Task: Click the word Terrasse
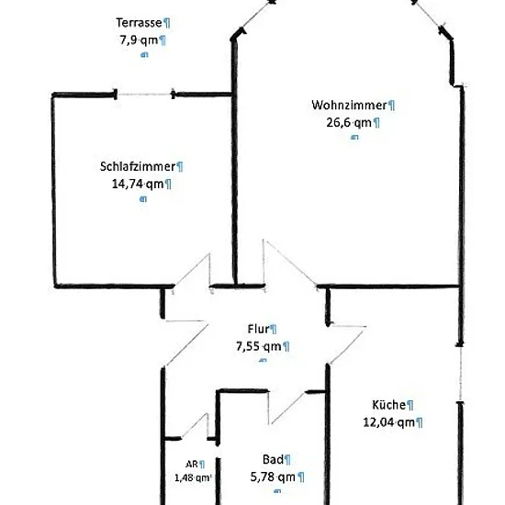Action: [x=139, y=23]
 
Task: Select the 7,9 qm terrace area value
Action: [x=139, y=40]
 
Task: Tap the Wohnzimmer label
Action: [x=349, y=105]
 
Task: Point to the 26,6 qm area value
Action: [x=349, y=123]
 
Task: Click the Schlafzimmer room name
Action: [x=138, y=166]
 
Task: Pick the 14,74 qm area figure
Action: [x=138, y=185]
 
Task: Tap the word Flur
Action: [x=258, y=329]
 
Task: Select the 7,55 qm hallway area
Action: [x=259, y=346]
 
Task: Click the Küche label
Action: [x=388, y=405]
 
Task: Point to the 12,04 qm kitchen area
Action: [x=389, y=422]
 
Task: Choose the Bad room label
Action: [x=273, y=459]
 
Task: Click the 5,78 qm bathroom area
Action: [x=273, y=477]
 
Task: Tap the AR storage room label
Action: [x=192, y=464]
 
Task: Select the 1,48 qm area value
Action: [x=193, y=477]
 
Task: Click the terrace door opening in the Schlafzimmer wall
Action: [x=144, y=95]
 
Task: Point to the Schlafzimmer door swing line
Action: [x=191, y=270]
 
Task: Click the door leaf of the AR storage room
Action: [x=195, y=426]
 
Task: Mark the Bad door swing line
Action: [x=288, y=408]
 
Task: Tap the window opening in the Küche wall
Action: [x=461, y=374]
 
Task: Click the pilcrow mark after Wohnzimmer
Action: [x=391, y=106]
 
